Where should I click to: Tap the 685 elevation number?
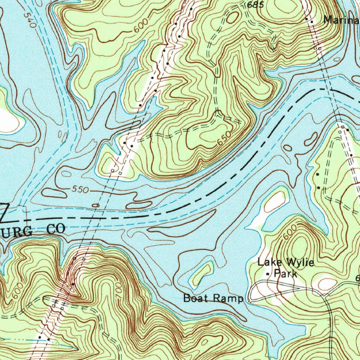[255, 5]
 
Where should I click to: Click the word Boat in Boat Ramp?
[194, 298]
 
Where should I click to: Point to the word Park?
[285, 274]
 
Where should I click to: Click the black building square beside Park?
[269, 274]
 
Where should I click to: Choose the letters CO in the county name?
[56, 230]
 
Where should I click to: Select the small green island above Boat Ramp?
[201, 273]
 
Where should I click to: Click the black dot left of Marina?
[307, 19]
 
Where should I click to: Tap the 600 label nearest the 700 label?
[17, 291]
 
